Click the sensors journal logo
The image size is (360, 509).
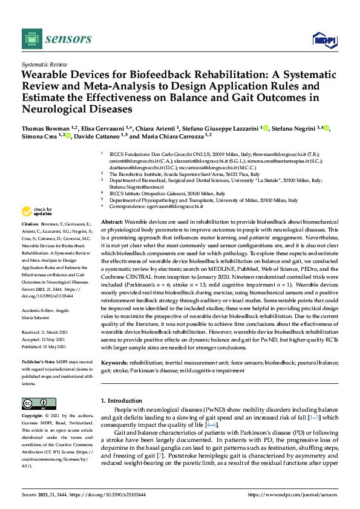[x=57, y=39]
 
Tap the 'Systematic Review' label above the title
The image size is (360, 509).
[x=44, y=63]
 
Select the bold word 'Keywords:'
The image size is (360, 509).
[x=115, y=363]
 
